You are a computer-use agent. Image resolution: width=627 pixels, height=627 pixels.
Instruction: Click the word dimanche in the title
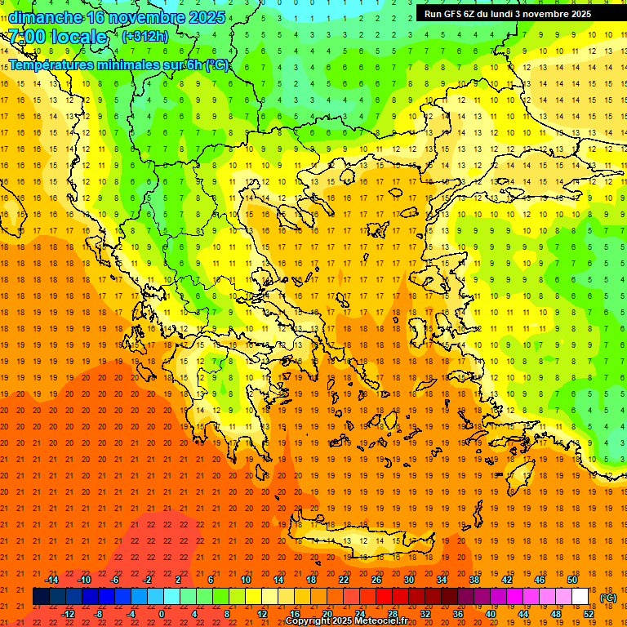click(46, 17)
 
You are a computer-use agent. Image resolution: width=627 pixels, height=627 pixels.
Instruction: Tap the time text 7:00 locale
click(57, 37)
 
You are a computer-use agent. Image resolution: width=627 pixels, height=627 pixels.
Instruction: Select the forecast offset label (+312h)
click(145, 37)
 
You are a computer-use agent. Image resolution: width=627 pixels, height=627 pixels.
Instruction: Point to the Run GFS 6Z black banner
click(514, 13)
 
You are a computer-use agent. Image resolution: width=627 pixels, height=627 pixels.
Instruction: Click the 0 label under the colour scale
click(162, 614)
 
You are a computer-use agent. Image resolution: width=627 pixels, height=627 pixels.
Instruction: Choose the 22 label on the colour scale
click(343, 580)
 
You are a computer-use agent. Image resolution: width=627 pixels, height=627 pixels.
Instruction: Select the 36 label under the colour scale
click(458, 614)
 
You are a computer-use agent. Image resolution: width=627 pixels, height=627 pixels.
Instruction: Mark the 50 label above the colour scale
click(572, 580)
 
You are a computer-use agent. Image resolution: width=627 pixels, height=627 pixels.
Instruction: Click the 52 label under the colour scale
click(589, 614)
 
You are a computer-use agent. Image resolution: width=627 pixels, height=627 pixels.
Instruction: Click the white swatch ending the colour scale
click(580, 597)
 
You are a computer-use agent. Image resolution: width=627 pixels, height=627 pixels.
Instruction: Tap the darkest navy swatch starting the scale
click(41, 597)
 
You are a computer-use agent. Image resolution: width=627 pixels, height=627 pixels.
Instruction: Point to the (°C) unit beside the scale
click(608, 598)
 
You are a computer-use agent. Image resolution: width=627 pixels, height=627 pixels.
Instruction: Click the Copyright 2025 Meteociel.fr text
click(347, 621)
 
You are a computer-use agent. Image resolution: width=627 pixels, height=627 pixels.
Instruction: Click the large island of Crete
click(359, 539)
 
